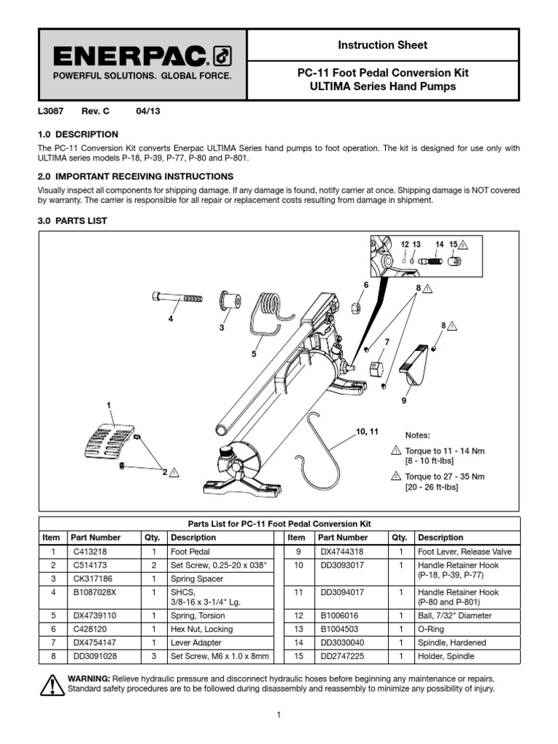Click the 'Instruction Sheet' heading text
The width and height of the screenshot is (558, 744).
click(382, 45)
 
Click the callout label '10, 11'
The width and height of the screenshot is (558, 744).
click(368, 432)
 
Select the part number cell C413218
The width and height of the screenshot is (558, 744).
click(86, 551)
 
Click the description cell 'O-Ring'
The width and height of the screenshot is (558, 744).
click(430, 629)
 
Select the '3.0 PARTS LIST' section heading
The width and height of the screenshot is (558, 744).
click(72, 221)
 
